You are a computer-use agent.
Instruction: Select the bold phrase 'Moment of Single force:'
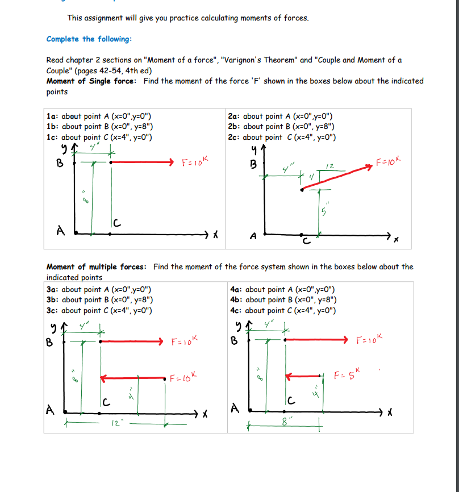(91, 81)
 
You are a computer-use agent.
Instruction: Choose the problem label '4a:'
(237, 289)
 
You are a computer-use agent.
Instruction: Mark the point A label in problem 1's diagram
(60, 230)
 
